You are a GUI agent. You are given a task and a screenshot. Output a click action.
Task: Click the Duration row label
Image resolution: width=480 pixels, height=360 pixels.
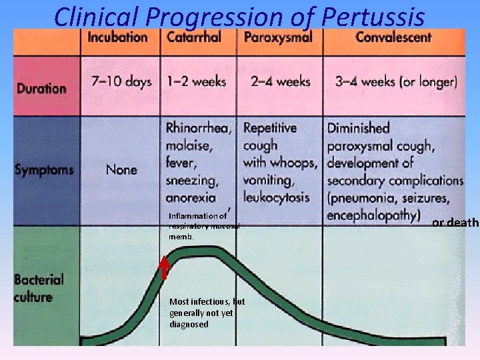click(x=41, y=88)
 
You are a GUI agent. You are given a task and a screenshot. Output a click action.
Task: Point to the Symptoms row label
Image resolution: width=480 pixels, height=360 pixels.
click(x=45, y=169)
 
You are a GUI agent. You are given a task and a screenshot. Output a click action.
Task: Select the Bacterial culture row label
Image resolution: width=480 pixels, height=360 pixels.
click(x=39, y=289)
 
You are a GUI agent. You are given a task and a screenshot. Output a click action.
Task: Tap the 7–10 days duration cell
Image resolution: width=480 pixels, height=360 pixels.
click(x=121, y=82)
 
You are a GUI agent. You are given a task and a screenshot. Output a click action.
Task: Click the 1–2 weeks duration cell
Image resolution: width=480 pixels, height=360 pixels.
click(x=196, y=82)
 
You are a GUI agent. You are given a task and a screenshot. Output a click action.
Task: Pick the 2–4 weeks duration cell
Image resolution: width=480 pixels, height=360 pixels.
click(x=281, y=82)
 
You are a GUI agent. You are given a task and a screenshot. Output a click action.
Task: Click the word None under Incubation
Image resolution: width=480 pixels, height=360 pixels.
click(x=121, y=169)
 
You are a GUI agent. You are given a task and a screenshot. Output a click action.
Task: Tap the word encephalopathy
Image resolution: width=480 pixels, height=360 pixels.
click(x=373, y=215)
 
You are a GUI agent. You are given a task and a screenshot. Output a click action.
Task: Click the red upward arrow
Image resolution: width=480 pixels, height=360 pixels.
click(x=164, y=269)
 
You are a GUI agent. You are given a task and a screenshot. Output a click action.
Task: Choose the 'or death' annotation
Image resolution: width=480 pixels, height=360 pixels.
click(x=455, y=223)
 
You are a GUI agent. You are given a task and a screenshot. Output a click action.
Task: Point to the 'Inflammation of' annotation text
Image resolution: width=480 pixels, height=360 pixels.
click(x=197, y=215)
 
